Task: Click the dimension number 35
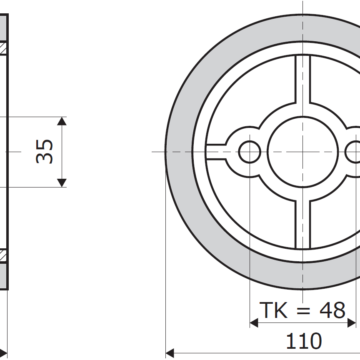coord(45,152)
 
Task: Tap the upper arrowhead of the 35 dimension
coord(62,121)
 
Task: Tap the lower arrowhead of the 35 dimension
coord(62,183)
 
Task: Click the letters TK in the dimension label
coord(274,310)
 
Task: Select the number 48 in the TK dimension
coord(332,310)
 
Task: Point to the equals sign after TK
coord(303,311)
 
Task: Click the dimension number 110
coord(304,341)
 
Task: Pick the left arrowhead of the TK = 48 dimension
coord(254,323)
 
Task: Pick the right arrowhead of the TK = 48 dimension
coord(352,323)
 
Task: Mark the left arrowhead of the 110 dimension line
coord(170,353)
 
